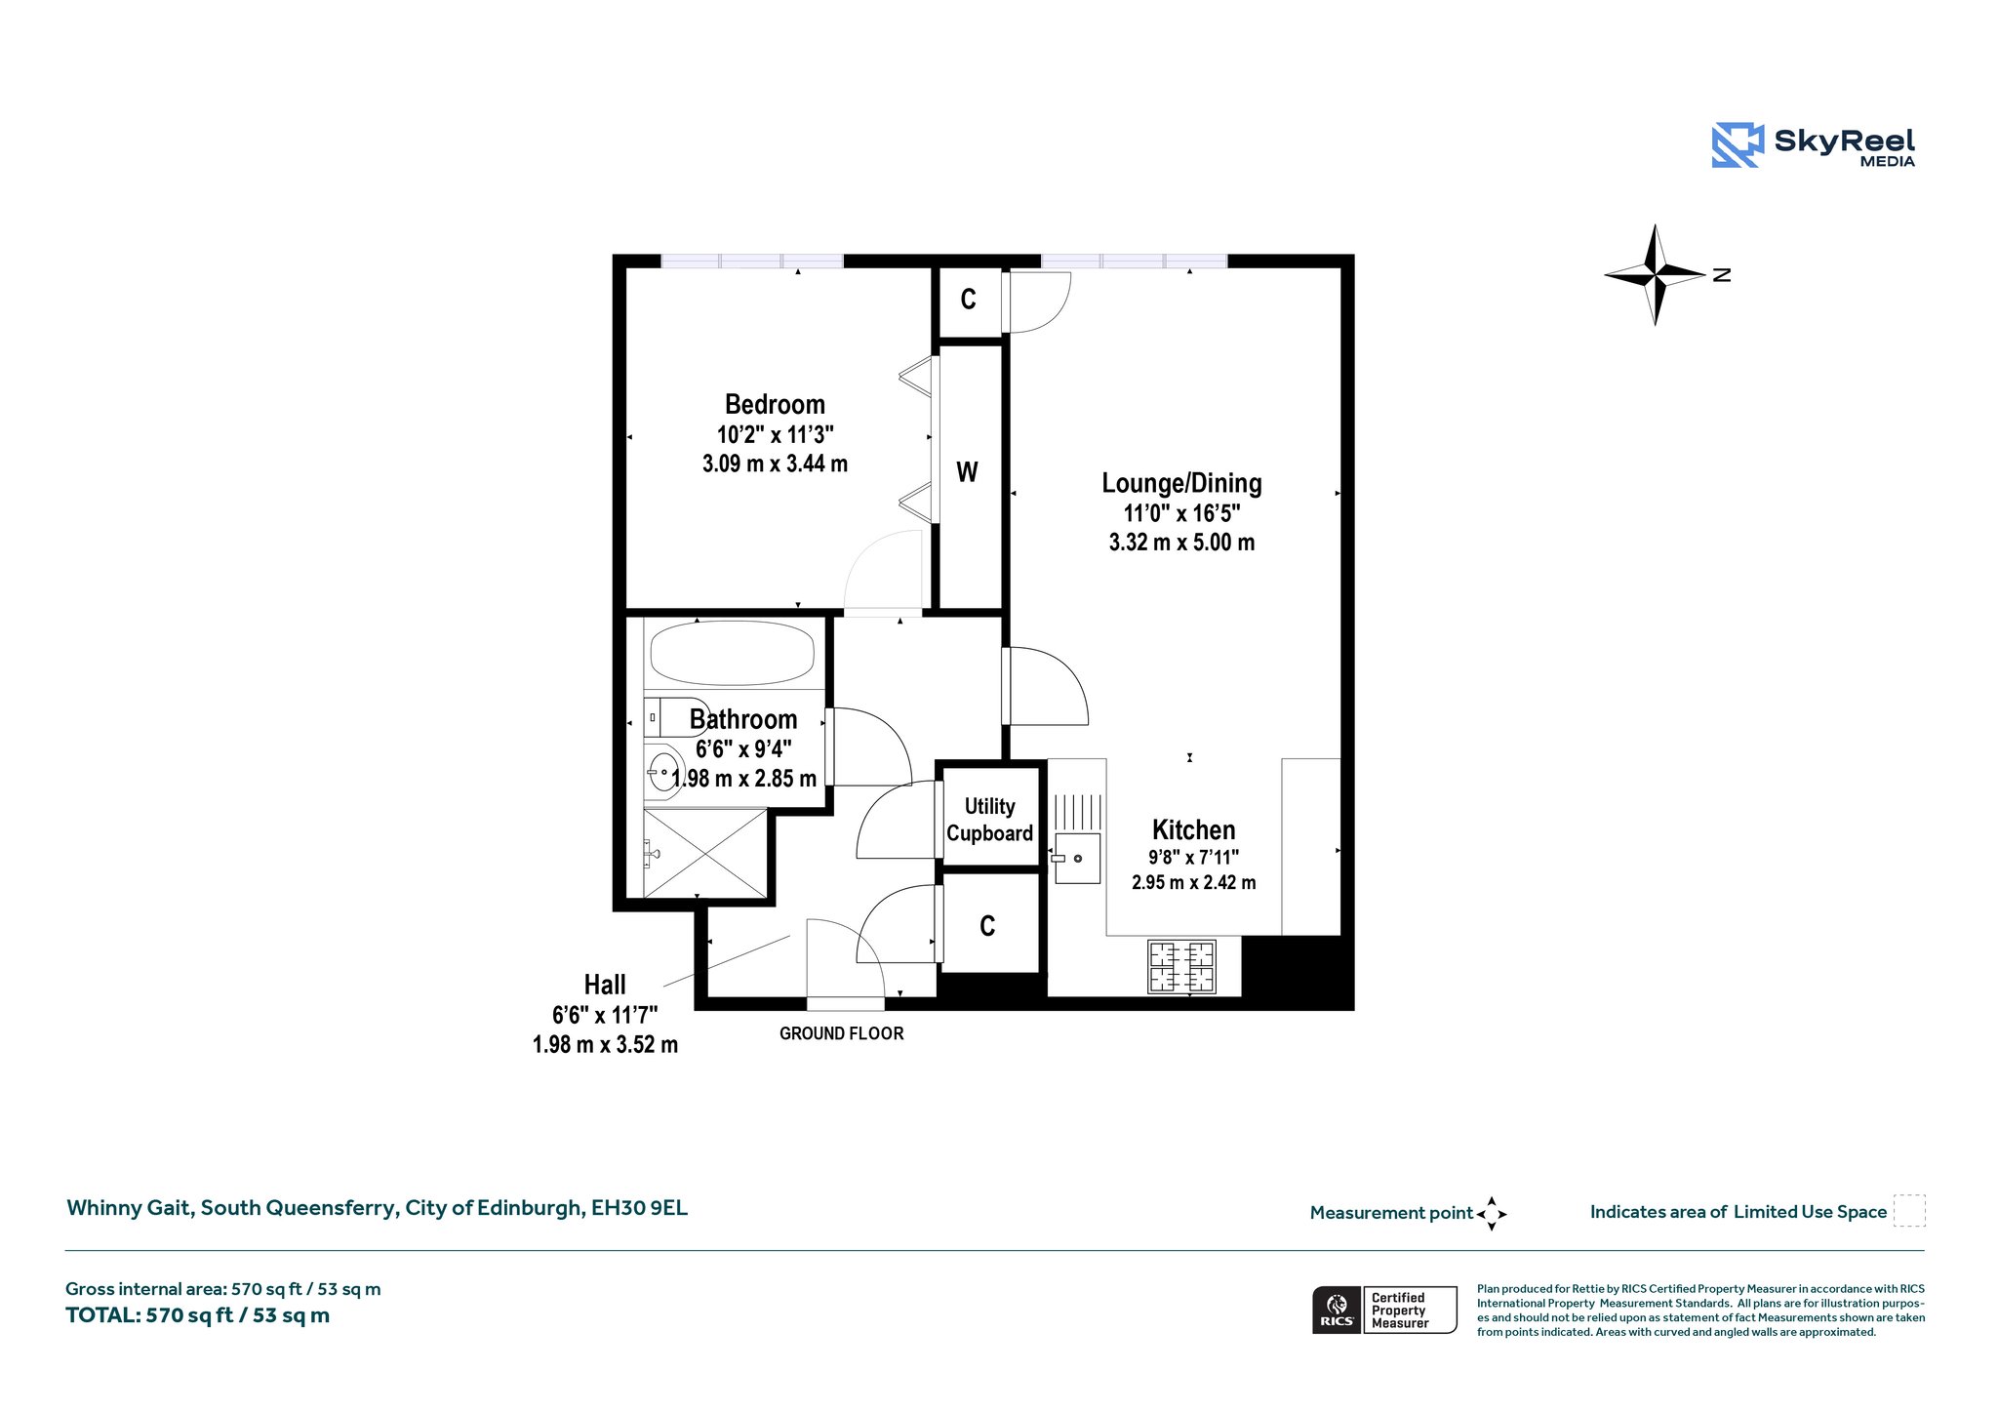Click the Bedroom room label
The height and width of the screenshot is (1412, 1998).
pos(775,404)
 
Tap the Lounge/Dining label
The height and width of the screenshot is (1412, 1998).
pos(1181,483)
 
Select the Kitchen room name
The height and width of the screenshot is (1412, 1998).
pos(1193,829)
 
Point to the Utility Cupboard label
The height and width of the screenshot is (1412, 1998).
pos(989,820)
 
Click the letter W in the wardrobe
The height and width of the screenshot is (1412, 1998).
pos(967,472)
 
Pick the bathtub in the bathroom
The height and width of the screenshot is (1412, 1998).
pos(732,653)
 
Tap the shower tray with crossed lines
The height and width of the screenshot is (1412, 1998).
pos(705,852)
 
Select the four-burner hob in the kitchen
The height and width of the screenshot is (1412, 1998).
pos(1181,966)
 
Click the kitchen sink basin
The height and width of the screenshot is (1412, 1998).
pos(1077,859)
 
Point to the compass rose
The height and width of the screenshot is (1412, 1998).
pos(1656,274)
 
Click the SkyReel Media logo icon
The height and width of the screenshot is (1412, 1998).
pos(1738,145)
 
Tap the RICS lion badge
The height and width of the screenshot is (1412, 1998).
pos(1338,1310)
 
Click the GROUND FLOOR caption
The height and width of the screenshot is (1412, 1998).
pos(841,1033)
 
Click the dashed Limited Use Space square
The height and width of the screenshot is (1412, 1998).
pos(1909,1211)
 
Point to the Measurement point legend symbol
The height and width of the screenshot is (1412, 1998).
pos(1492,1214)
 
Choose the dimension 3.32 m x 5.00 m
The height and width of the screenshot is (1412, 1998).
pos(1181,543)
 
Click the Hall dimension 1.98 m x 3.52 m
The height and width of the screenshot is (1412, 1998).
pos(605,1045)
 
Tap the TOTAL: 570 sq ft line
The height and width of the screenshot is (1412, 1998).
pos(197,1315)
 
